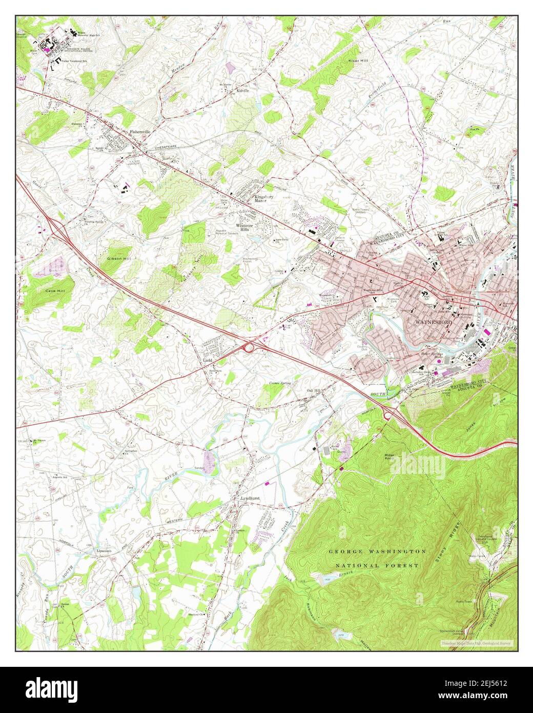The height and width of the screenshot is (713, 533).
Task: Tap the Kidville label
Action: (x=242, y=90)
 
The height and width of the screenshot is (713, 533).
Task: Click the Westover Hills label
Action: (x=245, y=228)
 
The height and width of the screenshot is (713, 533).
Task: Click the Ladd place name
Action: (x=208, y=361)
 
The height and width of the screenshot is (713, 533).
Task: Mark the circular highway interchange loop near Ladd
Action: (x=250, y=348)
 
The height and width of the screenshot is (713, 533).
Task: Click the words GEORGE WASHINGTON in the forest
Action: (x=377, y=551)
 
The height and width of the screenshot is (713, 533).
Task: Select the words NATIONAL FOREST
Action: (x=377, y=565)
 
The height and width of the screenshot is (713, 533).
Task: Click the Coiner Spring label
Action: (x=280, y=383)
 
